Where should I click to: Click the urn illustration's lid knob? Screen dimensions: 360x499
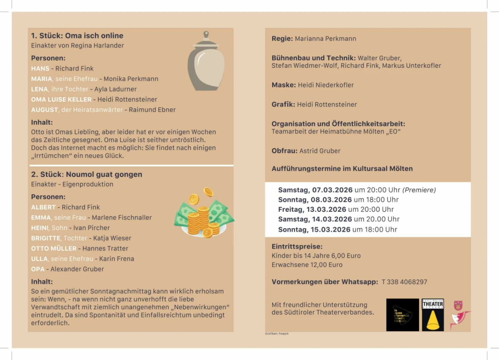[x=206, y=35]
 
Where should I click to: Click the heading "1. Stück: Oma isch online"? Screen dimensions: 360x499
[x=77, y=36]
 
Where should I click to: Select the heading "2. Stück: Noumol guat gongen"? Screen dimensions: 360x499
[x=86, y=174]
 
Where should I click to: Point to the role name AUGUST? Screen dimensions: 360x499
[x=45, y=110]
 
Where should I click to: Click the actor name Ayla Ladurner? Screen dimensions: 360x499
[x=116, y=89]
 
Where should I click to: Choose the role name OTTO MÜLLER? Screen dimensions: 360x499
[x=54, y=249]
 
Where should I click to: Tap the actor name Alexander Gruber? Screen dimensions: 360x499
[x=77, y=269]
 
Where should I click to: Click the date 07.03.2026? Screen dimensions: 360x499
[x=332, y=190]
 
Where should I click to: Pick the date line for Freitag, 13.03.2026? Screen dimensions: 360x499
[x=336, y=209]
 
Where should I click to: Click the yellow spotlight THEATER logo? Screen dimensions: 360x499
[x=433, y=315]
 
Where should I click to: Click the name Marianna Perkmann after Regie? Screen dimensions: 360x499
[x=326, y=39]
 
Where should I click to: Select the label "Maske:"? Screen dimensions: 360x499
[x=284, y=85]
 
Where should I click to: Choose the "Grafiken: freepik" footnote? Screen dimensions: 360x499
[x=277, y=333]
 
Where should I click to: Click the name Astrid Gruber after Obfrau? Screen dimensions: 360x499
[x=320, y=151]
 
